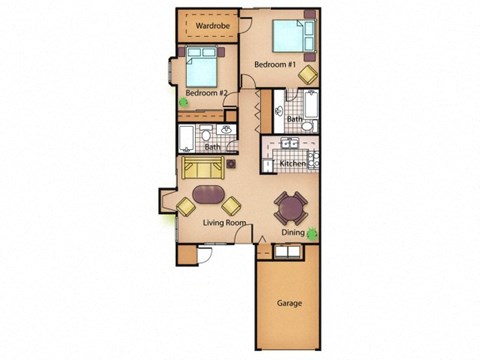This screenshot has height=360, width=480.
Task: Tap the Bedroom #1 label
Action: [x=273, y=64]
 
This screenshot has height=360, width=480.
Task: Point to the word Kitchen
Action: [x=292, y=163]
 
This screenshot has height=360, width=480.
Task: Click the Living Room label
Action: [x=224, y=223]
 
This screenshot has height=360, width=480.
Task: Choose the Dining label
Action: [x=293, y=232]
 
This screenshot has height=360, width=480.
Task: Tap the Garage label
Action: [x=290, y=303]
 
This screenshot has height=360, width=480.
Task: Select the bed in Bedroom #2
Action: [x=200, y=69]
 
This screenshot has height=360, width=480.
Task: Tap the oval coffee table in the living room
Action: [x=210, y=193]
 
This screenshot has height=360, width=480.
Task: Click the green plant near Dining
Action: [x=314, y=235]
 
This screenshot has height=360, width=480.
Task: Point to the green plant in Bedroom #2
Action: [x=183, y=101]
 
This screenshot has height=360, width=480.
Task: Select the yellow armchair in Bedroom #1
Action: [x=308, y=74]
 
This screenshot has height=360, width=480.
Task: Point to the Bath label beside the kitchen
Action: [x=294, y=120]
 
